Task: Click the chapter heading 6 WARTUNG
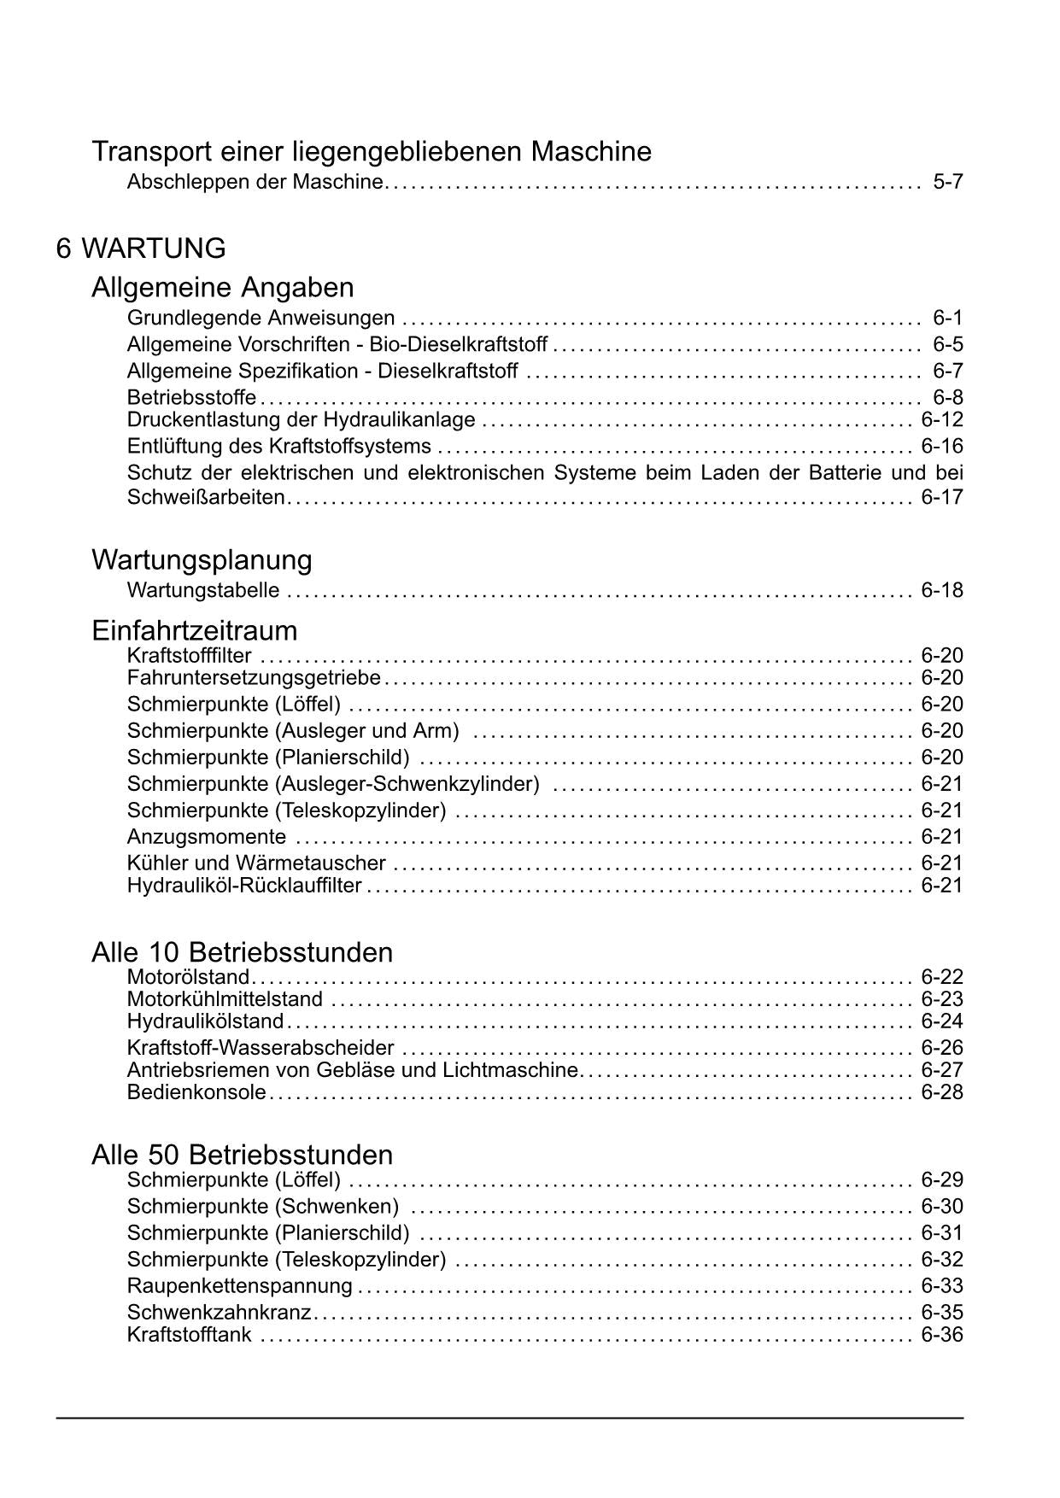tap(141, 249)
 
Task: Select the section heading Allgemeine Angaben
tap(222, 286)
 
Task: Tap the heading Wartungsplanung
tap(202, 560)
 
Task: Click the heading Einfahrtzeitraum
tap(195, 630)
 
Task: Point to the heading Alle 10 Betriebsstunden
tap(242, 952)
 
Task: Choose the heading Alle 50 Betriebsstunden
tap(242, 1155)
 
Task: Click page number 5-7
tap(947, 181)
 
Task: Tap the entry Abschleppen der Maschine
tap(255, 181)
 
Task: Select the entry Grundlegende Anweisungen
tap(261, 319)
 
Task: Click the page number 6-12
tap(941, 419)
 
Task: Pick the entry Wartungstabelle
tap(203, 590)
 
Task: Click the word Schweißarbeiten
tap(205, 498)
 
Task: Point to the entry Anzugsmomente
tap(207, 837)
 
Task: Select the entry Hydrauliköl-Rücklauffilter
tap(244, 886)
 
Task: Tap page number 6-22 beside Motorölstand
tap(941, 977)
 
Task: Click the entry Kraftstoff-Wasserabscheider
tap(261, 1048)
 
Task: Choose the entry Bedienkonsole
tap(196, 1092)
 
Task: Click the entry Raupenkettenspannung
tap(239, 1286)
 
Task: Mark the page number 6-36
tap(941, 1335)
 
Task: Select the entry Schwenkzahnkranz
tap(219, 1313)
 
